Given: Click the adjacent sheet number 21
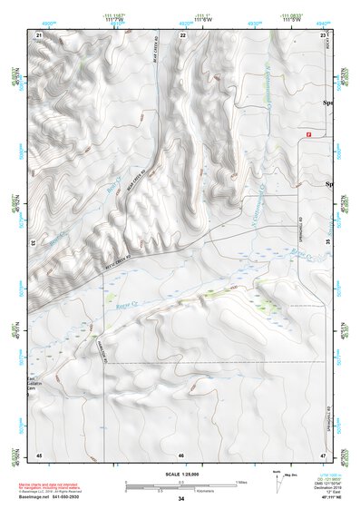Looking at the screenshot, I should click(x=38, y=34).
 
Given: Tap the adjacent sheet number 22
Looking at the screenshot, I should click(x=182, y=34).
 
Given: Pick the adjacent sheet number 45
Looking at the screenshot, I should click(x=38, y=454).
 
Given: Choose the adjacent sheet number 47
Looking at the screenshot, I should click(x=323, y=454).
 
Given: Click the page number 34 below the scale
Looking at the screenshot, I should click(x=180, y=499).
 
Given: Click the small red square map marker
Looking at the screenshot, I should click(x=309, y=134).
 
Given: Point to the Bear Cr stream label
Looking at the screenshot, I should click(x=112, y=188).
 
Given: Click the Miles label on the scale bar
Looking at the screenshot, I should click(x=241, y=481).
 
